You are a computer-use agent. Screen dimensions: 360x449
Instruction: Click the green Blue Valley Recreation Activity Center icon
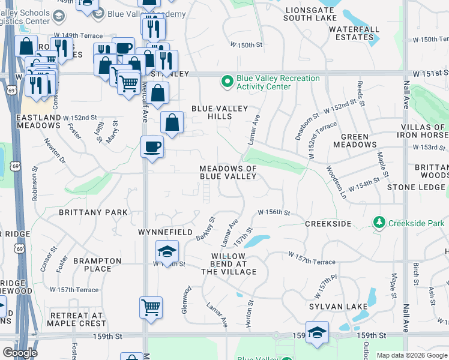click(x=228, y=81)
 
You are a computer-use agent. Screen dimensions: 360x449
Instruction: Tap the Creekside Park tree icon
click(x=379, y=223)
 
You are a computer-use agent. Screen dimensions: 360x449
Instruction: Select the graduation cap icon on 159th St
click(x=316, y=333)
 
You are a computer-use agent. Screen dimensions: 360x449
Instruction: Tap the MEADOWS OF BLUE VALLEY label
click(x=228, y=173)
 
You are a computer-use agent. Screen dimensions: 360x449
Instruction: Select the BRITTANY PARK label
click(x=93, y=212)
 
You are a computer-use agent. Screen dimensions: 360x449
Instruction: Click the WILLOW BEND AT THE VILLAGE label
click(x=229, y=264)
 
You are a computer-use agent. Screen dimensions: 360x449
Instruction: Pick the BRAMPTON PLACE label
click(x=92, y=265)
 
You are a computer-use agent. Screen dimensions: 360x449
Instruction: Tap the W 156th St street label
click(x=274, y=212)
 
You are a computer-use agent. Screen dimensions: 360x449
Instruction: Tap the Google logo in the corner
click(x=20, y=353)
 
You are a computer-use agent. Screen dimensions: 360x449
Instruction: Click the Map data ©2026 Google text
click(x=411, y=355)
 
